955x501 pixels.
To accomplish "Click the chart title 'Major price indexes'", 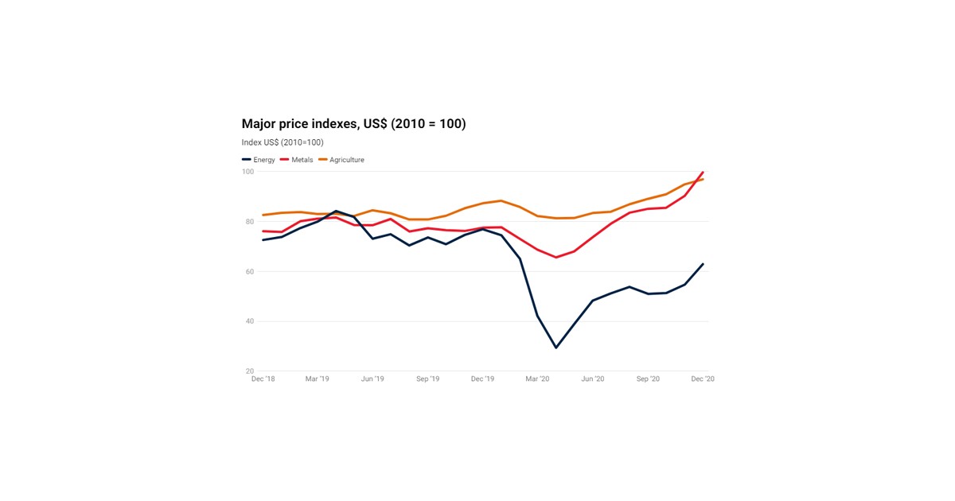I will click(x=353, y=124).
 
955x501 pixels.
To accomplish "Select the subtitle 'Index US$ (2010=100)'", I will click(x=283, y=142).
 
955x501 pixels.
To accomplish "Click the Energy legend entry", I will click(x=259, y=160).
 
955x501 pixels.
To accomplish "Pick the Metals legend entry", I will click(x=297, y=160).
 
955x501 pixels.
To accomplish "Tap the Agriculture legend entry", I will click(x=341, y=160).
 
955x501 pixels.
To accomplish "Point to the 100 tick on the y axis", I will click(x=248, y=172).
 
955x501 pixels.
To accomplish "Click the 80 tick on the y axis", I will click(x=248, y=222).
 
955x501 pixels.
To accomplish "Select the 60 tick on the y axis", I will click(x=248, y=272).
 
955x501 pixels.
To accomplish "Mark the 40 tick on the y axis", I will click(x=248, y=321).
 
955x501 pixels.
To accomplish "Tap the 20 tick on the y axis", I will click(x=248, y=371).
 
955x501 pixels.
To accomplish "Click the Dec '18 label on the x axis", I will click(x=263, y=379).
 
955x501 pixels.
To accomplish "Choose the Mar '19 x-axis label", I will click(x=318, y=379).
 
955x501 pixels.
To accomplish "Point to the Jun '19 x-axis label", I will click(x=372, y=379).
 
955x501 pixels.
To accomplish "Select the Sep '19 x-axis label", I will click(x=428, y=379).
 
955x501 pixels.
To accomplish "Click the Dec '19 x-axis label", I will click(x=483, y=379).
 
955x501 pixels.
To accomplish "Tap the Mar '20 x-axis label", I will click(x=538, y=379).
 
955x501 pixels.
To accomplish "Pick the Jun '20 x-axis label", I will click(x=593, y=379).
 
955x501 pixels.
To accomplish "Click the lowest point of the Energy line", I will click(x=555, y=348).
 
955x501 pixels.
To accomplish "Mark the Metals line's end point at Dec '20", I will click(x=703, y=173).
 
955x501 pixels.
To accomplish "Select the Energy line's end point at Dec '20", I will click(x=703, y=264).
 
